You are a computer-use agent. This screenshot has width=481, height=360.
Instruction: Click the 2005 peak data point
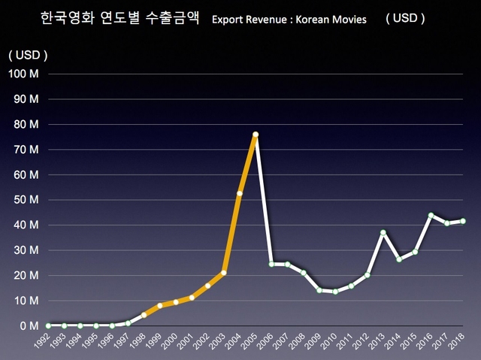tap(256, 135)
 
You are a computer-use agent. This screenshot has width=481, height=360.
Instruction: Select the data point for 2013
tap(383, 233)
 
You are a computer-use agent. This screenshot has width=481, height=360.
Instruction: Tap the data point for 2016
tap(431, 215)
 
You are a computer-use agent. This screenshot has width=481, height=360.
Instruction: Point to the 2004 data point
tap(240, 193)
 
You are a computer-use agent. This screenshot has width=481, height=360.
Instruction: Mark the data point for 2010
tap(335, 292)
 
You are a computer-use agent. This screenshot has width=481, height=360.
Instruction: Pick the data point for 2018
tap(463, 221)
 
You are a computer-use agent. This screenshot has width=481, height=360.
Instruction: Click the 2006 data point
tap(271, 264)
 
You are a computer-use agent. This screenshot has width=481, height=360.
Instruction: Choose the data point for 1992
tap(48, 325)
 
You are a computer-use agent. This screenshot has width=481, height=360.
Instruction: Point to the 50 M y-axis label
tap(25, 200)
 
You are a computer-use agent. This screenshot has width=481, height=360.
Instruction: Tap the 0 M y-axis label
tap(27, 326)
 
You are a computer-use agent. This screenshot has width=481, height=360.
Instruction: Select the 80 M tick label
tap(25, 124)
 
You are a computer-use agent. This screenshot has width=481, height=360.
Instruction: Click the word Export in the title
tap(228, 20)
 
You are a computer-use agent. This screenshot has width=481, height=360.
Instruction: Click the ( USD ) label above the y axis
tap(28, 54)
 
